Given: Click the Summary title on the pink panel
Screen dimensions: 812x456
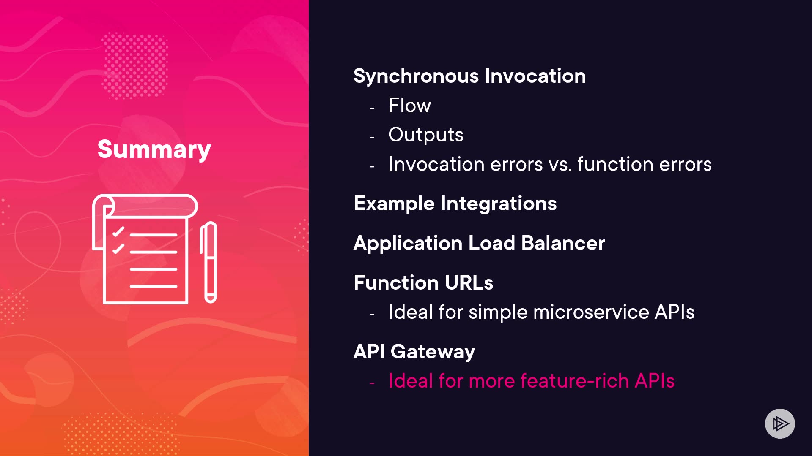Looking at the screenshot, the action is pyautogui.click(x=154, y=149).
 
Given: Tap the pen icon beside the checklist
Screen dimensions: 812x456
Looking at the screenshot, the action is pyautogui.click(x=208, y=262).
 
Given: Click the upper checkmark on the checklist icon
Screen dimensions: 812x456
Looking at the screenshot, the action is pyautogui.click(x=118, y=231).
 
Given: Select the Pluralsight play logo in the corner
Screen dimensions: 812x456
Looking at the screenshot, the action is pyautogui.click(x=780, y=423).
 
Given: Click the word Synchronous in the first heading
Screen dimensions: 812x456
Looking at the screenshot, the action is pyautogui.click(x=416, y=76).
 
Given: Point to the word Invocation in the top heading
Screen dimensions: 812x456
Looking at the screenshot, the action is pyautogui.click(x=535, y=76).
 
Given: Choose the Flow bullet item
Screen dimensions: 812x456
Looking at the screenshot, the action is pyautogui.click(x=410, y=105).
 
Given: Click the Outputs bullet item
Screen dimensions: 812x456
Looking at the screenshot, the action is pyautogui.click(x=426, y=135).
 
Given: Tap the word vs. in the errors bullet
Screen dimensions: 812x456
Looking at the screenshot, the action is pyautogui.click(x=560, y=164).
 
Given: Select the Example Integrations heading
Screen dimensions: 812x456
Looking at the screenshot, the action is pyautogui.click(x=455, y=204).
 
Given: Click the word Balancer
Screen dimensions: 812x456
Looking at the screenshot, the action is pyautogui.click(x=563, y=243).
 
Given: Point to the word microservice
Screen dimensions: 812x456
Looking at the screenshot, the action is pyautogui.click(x=591, y=312).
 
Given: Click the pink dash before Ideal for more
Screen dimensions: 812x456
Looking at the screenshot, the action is pyautogui.click(x=372, y=383).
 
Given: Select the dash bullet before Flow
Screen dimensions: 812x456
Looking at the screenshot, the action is pyautogui.click(x=372, y=108).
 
